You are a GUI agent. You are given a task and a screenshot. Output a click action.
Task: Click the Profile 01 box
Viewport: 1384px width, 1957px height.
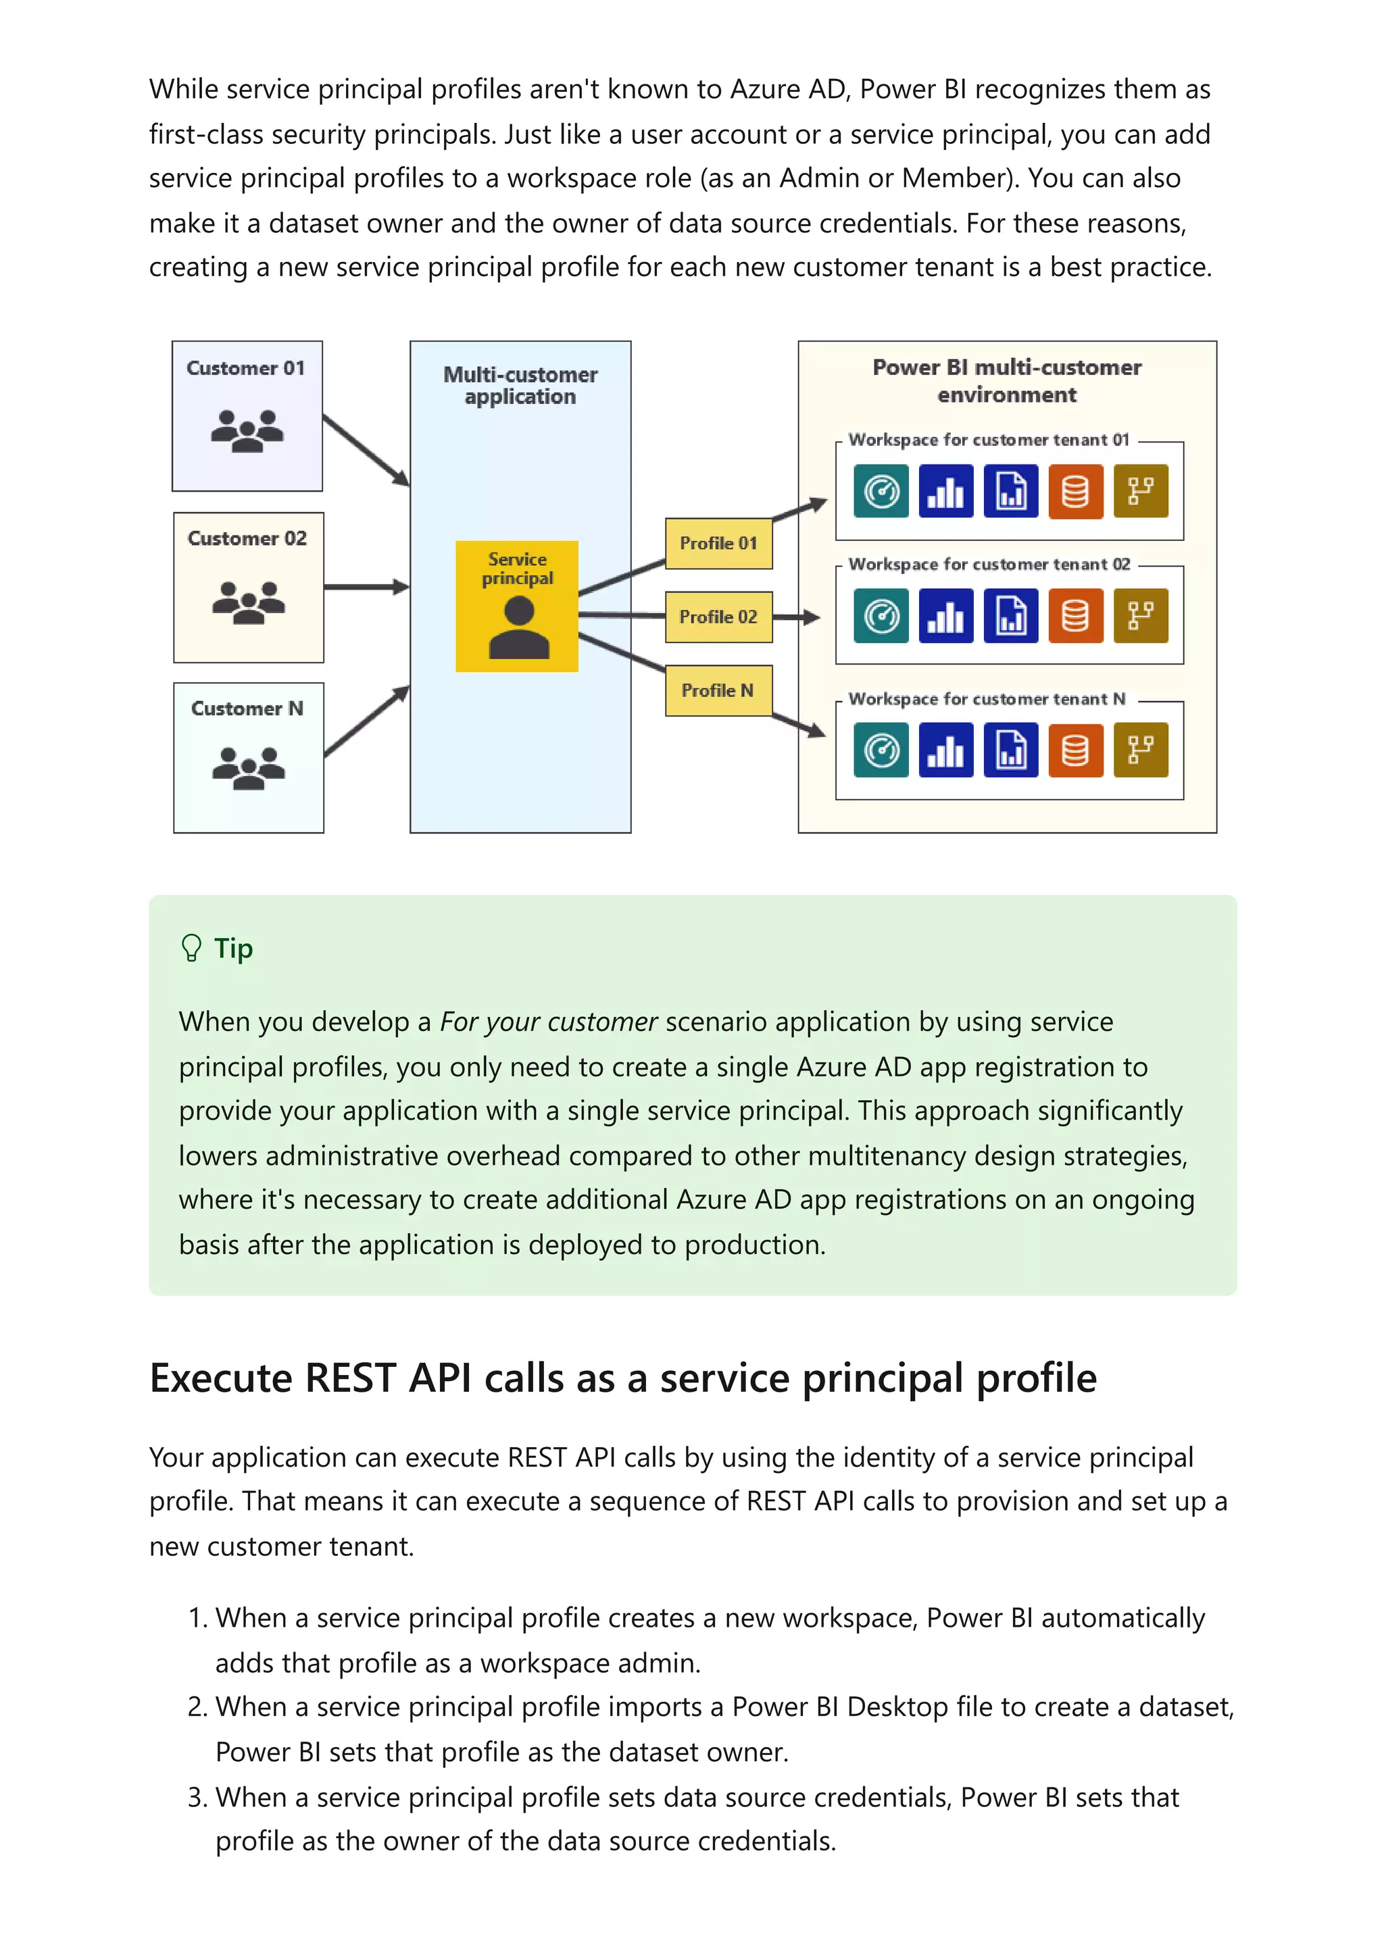(x=718, y=543)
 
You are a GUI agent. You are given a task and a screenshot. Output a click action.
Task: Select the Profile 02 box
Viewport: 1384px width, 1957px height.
(x=718, y=617)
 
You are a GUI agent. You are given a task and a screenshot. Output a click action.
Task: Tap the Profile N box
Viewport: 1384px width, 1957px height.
(x=718, y=690)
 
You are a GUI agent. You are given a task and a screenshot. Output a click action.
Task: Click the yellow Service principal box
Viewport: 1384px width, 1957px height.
(x=517, y=606)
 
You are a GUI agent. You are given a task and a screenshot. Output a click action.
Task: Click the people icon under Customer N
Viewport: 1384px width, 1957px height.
(x=248, y=767)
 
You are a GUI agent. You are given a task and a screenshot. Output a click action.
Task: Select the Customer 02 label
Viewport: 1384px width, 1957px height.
(x=247, y=539)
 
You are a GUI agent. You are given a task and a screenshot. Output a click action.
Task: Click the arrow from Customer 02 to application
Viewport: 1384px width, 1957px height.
(x=366, y=586)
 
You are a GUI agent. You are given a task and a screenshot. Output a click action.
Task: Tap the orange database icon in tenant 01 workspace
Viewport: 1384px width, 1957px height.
(x=1075, y=491)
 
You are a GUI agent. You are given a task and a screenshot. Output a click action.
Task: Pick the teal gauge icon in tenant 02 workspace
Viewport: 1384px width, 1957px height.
(x=881, y=615)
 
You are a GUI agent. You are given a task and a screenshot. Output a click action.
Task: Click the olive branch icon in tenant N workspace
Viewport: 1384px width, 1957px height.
(x=1140, y=750)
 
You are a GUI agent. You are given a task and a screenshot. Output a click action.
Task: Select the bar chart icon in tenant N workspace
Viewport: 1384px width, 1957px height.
(x=945, y=750)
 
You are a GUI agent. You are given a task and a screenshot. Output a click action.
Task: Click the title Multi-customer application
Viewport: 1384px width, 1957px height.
(x=520, y=386)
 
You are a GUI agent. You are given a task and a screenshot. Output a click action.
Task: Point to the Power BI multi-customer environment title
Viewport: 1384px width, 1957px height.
(x=1007, y=380)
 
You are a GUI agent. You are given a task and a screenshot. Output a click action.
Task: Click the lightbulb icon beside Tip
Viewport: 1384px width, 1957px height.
(x=192, y=948)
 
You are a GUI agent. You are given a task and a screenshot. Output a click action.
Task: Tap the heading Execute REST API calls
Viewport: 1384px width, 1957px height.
(x=622, y=1378)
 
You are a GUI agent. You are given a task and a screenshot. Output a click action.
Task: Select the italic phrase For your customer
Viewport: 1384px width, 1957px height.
(x=548, y=1021)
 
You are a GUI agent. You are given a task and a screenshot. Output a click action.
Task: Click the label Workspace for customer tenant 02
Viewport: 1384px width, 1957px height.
(x=989, y=565)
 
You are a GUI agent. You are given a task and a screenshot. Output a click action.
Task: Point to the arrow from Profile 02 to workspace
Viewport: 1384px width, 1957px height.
(x=797, y=617)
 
